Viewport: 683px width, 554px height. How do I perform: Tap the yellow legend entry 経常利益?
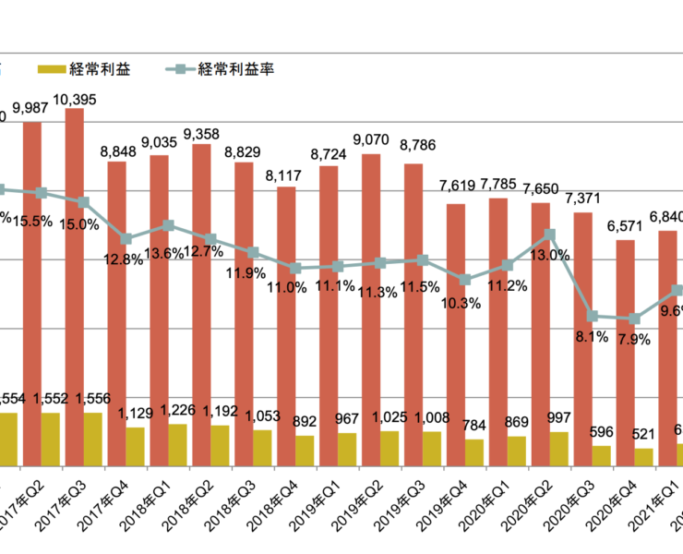pos(90,69)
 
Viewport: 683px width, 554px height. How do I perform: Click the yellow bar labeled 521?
pos(643,457)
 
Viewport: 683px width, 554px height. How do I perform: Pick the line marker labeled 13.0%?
pos(549,234)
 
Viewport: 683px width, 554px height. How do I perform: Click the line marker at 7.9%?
pos(634,319)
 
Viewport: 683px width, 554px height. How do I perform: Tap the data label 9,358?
pos(201,134)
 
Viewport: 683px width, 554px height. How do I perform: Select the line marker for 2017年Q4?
pos(126,238)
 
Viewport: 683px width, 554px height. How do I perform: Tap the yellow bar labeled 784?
pos(474,452)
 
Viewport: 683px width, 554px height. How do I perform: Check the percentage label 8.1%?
pos(592,337)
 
